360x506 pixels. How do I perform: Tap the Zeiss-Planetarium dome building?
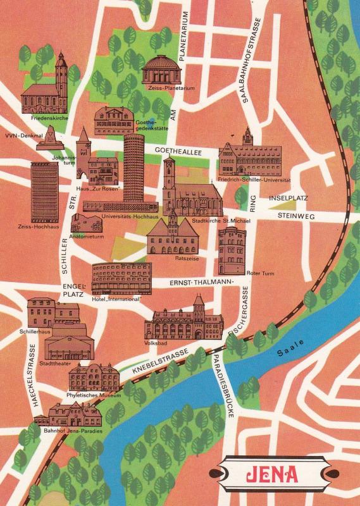pos(161,71)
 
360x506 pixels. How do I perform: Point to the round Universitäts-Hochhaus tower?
pos(133,168)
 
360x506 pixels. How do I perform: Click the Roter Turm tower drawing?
pos(232,250)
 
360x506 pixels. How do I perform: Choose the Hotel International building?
pos(121,278)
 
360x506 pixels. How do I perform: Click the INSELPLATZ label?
pos(288,198)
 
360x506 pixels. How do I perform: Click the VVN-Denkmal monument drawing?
pos(49,138)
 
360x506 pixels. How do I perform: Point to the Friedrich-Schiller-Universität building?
pos(249,157)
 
